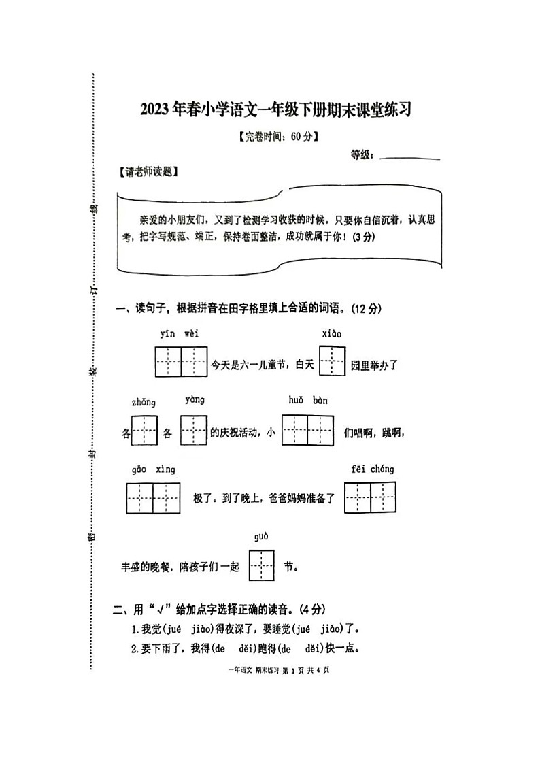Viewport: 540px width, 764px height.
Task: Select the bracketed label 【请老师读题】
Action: pos(148,172)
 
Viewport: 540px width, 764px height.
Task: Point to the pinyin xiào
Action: pos(332,333)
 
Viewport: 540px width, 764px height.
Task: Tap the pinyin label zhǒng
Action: pos(144,402)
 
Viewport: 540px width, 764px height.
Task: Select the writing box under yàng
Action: pos(193,431)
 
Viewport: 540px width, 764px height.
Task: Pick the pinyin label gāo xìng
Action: pos(153,469)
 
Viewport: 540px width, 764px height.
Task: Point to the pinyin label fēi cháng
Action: pos(373,469)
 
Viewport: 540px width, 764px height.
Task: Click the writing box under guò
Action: pos(261,565)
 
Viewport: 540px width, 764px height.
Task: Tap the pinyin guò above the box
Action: pos(261,537)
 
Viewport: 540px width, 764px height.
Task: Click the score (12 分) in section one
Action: pos(367,308)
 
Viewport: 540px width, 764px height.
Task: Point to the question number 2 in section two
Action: pos(135,647)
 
